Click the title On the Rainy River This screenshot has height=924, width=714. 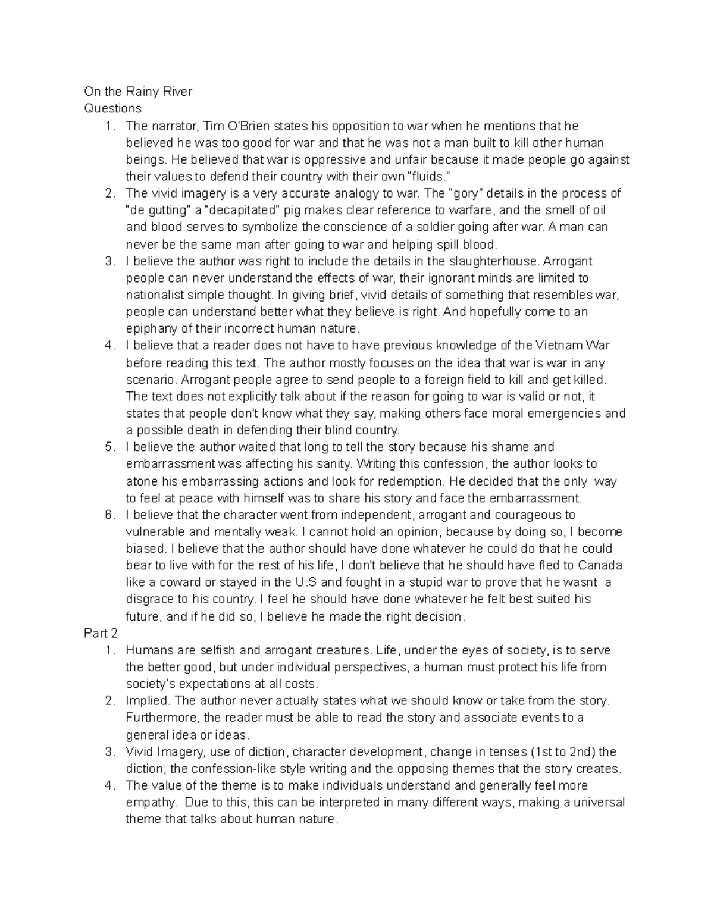click(138, 92)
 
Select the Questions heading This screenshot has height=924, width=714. click(113, 108)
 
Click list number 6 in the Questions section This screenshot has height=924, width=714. click(109, 515)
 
